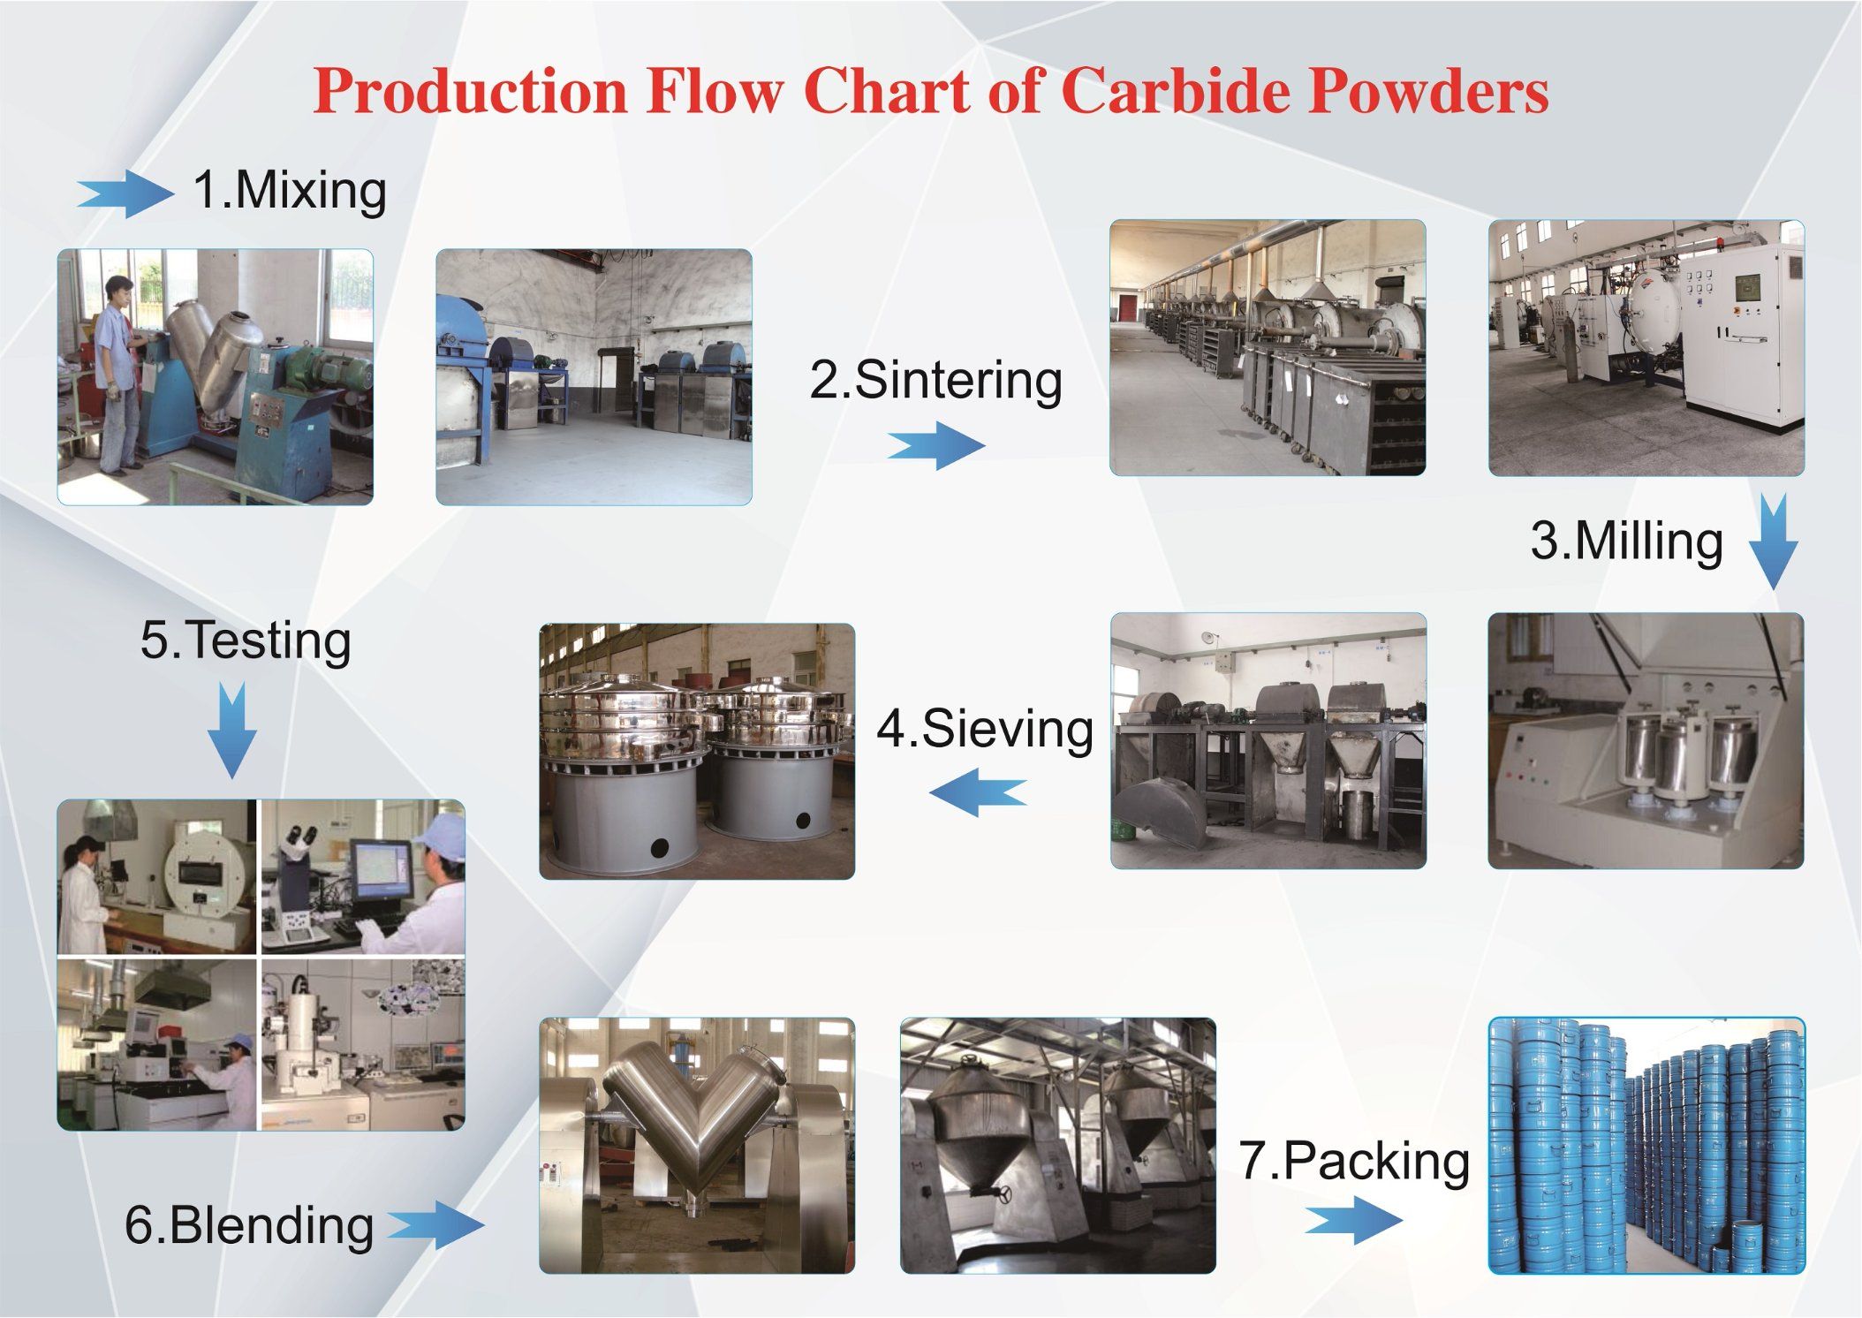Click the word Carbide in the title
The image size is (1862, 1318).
click(1177, 90)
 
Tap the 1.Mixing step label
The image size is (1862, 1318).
click(290, 190)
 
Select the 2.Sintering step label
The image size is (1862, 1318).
click(936, 380)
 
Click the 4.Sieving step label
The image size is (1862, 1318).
click(985, 729)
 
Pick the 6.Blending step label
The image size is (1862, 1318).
click(249, 1225)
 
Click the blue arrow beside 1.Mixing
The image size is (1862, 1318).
click(125, 193)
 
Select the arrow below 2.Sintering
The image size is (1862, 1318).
click(936, 445)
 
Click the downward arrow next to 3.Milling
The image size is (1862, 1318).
click(1773, 542)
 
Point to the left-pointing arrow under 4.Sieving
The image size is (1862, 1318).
click(978, 792)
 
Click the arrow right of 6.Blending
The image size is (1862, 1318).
click(436, 1225)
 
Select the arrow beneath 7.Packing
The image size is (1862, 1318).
click(1353, 1221)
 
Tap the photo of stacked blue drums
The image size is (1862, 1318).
click(1646, 1146)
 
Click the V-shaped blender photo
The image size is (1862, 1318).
click(697, 1146)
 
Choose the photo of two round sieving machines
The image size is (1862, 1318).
click(697, 752)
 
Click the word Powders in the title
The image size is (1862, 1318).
click(1428, 90)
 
